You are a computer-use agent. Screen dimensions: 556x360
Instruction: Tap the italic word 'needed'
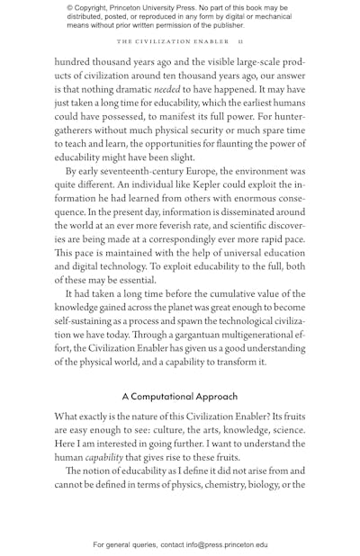(166, 91)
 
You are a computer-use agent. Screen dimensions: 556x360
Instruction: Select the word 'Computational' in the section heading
(166, 396)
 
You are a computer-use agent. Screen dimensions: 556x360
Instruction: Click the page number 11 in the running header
(242, 42)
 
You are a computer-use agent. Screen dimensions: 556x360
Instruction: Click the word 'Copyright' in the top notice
(95, 6)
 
